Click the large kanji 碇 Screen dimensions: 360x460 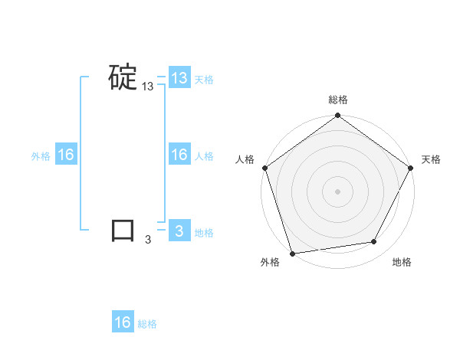pos(123,77)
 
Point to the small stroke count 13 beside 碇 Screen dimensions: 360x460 pos(147,87)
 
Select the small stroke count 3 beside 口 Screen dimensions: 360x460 pos(148,240)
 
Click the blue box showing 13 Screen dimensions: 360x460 pos(179,78)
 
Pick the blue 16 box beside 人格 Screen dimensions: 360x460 pos(179,155)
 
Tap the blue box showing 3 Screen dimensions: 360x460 pos(179,231)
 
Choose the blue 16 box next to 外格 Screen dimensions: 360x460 pos(66,155)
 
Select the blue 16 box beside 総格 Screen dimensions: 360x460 pos(123,322)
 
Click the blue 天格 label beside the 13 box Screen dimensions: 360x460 pos(204,80)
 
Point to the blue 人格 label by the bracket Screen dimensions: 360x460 pos(204,156)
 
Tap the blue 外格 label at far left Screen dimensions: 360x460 pos(41,156)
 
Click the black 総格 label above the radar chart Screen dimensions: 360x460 pos(338,100)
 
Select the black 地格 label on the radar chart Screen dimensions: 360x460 pos(402,263)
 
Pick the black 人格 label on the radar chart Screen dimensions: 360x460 pos(245,159)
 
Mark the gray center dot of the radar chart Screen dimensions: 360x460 pos(338,191)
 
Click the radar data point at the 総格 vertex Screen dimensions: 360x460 pos(338,116)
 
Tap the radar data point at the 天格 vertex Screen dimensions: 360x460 pos(410,168)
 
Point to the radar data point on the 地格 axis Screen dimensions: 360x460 pos(374,241)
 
